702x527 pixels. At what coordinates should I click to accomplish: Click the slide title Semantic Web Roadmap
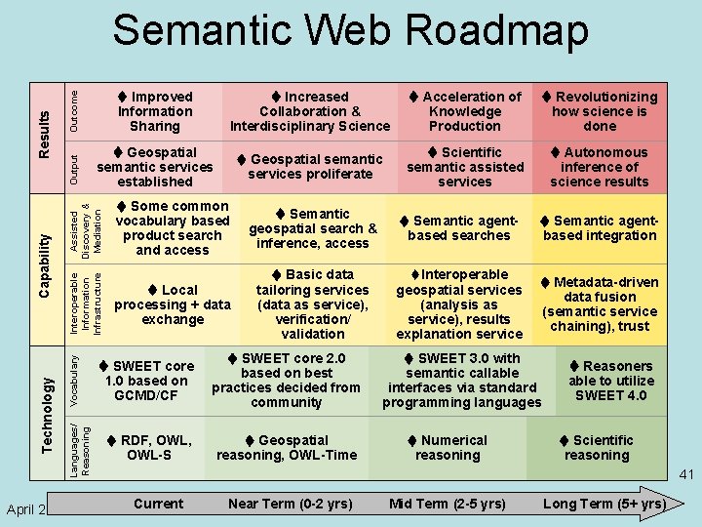pos(350,31)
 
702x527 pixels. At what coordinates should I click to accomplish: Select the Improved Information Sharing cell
pos(155,111)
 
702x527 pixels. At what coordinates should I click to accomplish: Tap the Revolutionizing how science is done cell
pos(600,111)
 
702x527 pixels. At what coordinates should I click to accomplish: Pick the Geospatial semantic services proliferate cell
pos(311,166)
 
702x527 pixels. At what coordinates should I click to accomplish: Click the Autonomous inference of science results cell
pos(600,167)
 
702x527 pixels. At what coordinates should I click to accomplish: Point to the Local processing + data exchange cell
pos(173,304)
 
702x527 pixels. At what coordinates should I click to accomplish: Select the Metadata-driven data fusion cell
pos(600,304)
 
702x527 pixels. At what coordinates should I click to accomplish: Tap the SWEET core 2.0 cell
pos(287,380)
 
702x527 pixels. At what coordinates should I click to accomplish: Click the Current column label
pos(158,504)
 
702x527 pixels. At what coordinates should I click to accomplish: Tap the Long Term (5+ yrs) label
pos(604,504)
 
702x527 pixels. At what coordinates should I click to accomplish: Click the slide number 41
pos(685,475)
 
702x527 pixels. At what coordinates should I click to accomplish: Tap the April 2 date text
pos(26,509)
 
